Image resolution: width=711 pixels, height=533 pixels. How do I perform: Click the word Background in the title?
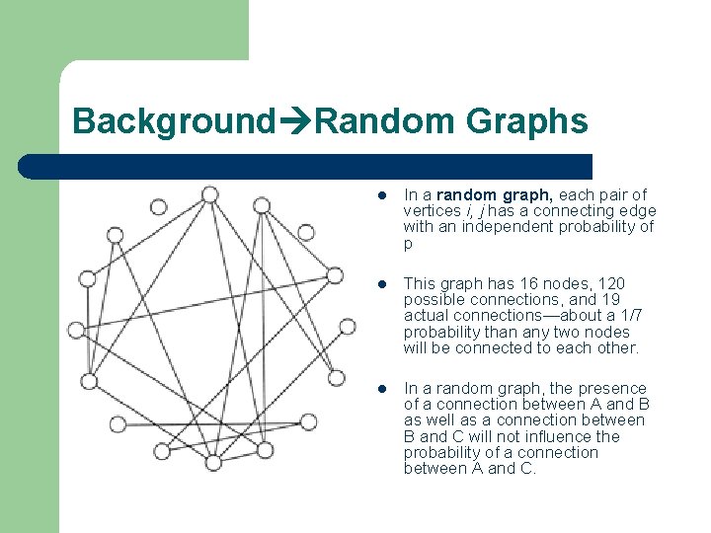[x=172, y=122]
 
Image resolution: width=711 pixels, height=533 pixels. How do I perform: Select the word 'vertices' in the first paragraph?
[x=432, y=210]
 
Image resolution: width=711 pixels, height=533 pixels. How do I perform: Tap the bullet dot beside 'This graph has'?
[x=384, y=284]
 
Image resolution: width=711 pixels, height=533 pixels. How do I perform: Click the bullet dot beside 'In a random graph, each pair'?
[x=384, y=195]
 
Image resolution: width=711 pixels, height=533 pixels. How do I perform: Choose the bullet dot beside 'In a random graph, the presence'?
[x=384, y=389]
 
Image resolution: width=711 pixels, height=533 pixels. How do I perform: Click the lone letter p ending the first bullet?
[x=408, y=243]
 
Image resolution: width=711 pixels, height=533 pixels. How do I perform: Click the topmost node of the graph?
[x=209, y=194]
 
